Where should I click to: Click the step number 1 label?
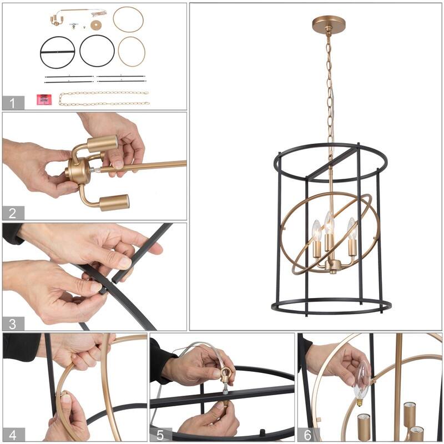point(12,103)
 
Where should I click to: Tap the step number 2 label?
point(12,213)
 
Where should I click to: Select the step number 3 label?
point(12,324)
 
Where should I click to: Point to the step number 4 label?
point(12,435)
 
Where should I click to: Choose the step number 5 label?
point(160,435)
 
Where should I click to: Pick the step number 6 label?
point(308,435)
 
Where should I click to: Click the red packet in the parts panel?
point(44,100)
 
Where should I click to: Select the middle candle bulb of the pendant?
point(329,223)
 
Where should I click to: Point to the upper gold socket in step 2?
point(102,144)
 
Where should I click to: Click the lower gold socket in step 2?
point(114,203)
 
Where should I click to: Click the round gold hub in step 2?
point(77,170)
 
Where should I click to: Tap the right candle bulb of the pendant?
point(351,228)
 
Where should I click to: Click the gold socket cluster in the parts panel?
point(57,21)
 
